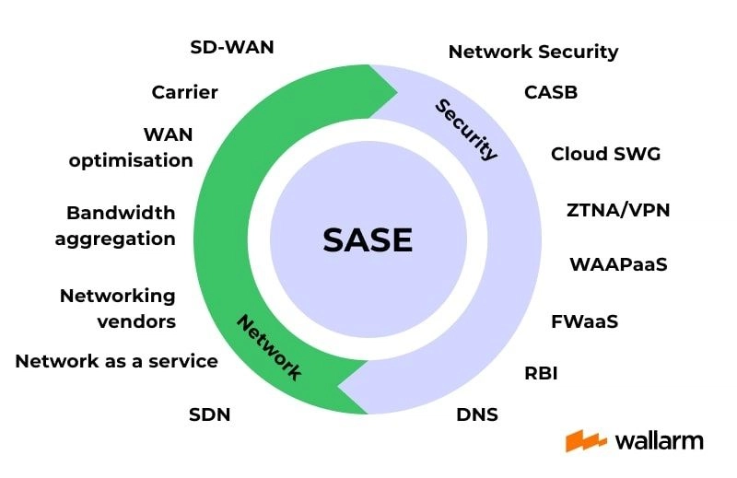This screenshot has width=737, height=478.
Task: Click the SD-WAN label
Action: coord(232,47)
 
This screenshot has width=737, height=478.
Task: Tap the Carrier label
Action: coord(185,92)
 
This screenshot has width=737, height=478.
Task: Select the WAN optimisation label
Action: coord(131,147)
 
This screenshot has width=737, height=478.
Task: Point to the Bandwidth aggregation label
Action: coord(115,226)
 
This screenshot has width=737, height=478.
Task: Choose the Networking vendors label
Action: coord(118,309)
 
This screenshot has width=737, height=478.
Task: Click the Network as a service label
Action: coord(117,361)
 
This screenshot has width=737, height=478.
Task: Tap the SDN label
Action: coord(210,414)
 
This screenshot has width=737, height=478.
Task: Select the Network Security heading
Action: coord(533,52)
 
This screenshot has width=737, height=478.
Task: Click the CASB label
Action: coord(551,92)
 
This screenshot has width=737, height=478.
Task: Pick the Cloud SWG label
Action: coord(605,154)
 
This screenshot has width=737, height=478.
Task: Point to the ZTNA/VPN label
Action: coord(618,210)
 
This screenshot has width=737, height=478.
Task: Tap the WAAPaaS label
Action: coord(618,264)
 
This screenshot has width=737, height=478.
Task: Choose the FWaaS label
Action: coord(584,321)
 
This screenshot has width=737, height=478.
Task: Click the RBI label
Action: coord(541,373)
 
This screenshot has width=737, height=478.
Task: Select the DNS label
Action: coord(477,414)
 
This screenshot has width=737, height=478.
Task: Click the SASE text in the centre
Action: coord(368,239)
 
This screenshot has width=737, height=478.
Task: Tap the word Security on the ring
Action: coord(466,130)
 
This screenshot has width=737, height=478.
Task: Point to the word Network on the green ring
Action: coord(269,347)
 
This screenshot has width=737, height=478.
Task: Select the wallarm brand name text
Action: coord(659,441)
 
